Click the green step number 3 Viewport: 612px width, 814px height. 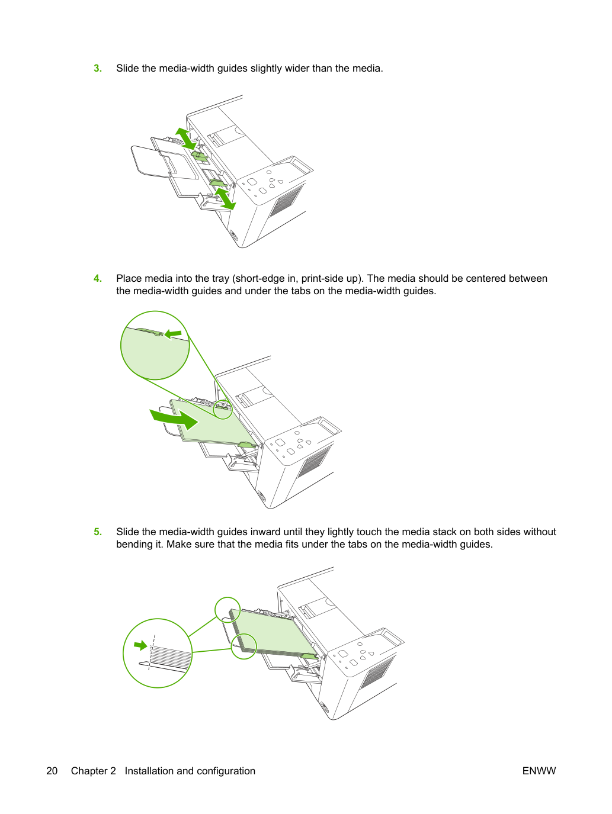(98, 69)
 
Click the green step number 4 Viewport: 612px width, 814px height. (98, 278)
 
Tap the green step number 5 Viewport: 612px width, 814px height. (98, 532)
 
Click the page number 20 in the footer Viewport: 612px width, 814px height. (52, 771)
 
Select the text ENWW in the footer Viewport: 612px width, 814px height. (539, 771)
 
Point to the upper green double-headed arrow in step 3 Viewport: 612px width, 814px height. (185, 139)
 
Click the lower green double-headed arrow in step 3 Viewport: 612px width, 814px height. (225, 199)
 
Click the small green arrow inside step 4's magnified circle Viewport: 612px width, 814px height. (173, 334)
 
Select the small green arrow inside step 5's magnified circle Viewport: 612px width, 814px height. (140, 646)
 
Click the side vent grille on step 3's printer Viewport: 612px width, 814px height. (286, 201)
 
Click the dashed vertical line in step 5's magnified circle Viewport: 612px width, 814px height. (152, 652)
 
